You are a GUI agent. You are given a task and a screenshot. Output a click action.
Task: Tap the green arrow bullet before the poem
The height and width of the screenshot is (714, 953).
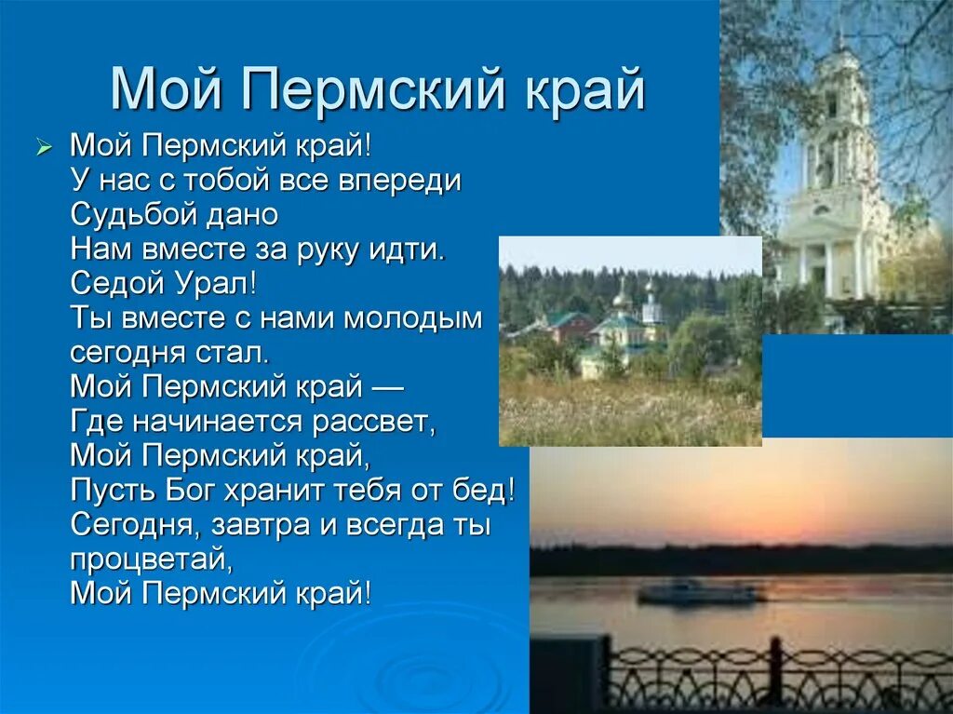[42, 148]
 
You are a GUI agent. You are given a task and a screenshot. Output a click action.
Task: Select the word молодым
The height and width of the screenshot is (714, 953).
[413, 318]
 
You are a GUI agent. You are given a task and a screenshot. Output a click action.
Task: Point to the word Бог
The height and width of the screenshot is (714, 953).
[190, 491]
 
